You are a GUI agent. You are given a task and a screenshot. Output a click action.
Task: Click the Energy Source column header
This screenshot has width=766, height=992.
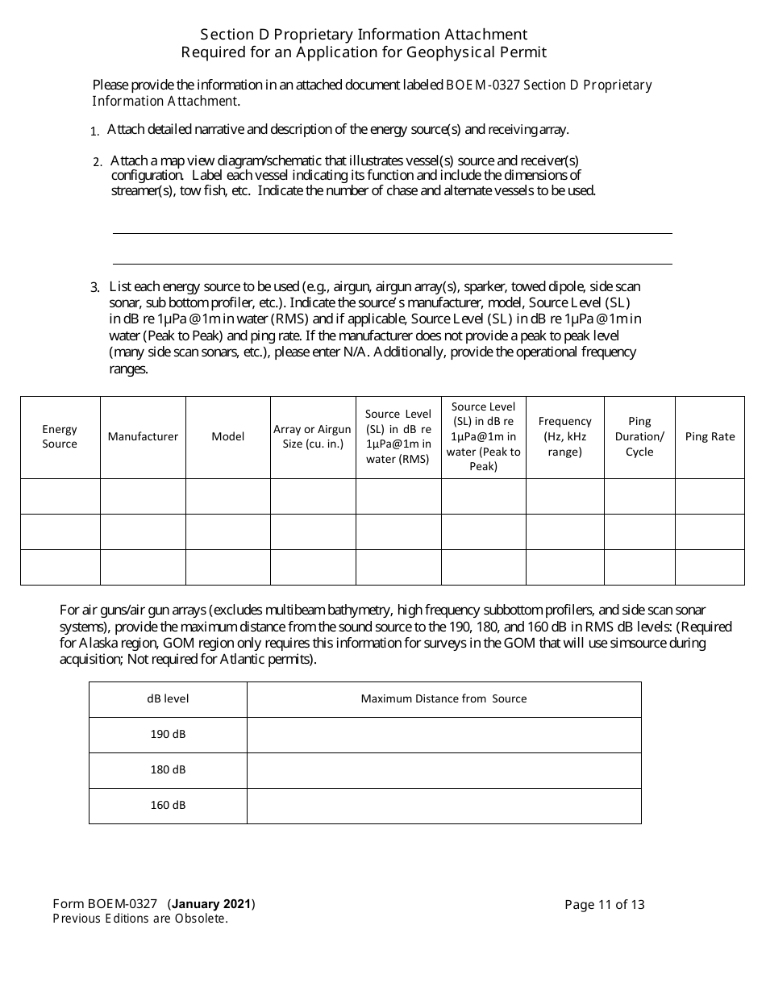(60, 436)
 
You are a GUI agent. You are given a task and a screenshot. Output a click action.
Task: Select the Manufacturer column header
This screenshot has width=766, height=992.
(143, 436)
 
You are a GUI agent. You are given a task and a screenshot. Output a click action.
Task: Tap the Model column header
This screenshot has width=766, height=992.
(228, 436)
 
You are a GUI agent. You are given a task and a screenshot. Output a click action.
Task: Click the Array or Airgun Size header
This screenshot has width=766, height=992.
(312, 436)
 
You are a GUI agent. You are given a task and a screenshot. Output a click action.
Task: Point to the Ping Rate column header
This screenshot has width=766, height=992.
(710, 436)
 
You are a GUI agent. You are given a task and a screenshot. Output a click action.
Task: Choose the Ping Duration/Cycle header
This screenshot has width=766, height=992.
(639, 436)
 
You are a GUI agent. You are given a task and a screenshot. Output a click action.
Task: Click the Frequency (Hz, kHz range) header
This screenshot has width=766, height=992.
(564, 436)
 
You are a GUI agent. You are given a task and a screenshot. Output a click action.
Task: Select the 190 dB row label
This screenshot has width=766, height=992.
(168, 734)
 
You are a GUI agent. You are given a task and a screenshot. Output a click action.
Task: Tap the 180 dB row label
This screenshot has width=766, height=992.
(168, 769)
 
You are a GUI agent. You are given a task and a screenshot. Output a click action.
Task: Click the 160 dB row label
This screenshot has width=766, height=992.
(168, 805)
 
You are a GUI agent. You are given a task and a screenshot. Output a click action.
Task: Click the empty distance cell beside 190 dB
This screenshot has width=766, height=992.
(443, 735)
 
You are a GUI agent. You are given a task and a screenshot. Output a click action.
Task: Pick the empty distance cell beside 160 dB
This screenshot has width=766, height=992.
(443, 806)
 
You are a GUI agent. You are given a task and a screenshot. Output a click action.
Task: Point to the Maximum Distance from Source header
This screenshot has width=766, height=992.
(443, 698)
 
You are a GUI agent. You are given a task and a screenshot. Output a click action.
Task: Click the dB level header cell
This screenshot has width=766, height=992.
(168, 698)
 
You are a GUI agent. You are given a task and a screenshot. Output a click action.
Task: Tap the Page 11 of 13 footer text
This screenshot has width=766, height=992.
(605, 904)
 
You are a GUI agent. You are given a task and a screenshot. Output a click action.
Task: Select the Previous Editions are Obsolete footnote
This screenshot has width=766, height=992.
(140, 919)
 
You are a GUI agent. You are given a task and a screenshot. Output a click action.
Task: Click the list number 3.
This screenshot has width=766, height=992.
(94, 287)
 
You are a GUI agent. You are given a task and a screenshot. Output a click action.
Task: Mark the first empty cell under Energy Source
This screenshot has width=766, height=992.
(60, 496)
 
